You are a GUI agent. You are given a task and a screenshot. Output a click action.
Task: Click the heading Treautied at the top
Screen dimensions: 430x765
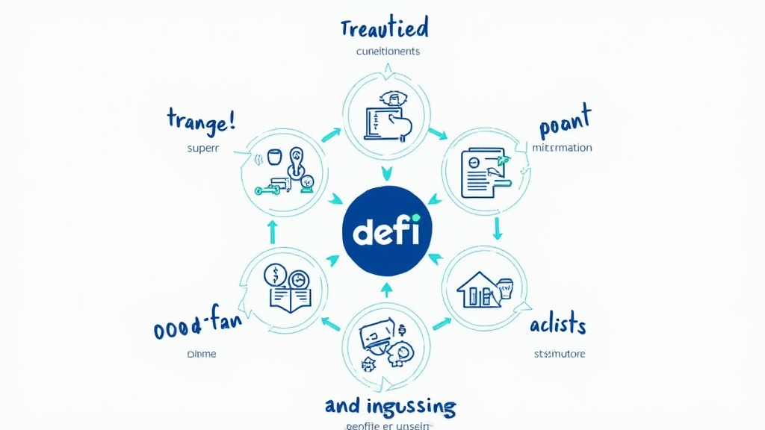(x=384, y=29)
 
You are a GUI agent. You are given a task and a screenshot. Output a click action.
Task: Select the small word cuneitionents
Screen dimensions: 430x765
(x=384, y=52)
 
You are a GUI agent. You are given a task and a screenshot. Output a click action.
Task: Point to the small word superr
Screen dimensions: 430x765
(x=202, y=148)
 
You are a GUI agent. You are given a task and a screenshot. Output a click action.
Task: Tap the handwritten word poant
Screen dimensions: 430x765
(x=565, y=123)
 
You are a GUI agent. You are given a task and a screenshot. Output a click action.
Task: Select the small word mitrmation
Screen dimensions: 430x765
(x=562, y=148)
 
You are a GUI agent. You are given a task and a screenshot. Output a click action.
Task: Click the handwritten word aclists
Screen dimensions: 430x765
(x=557, y=325)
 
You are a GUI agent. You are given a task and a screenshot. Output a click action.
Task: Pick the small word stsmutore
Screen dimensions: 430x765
(x=560, y=353)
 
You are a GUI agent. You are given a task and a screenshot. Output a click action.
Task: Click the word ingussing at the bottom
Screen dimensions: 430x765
(x=411, y=407)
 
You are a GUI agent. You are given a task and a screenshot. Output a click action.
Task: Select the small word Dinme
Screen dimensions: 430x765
(x=201, y=354)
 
